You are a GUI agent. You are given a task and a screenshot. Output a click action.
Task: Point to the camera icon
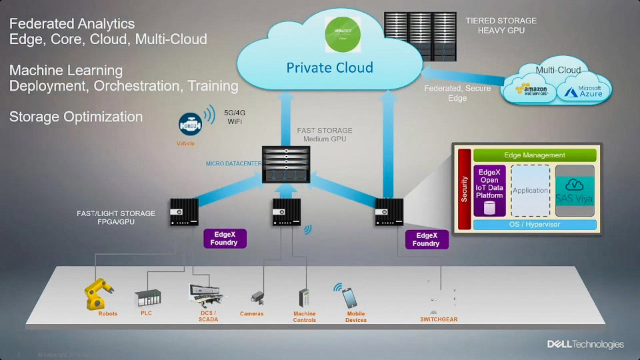click(x=257, y=297)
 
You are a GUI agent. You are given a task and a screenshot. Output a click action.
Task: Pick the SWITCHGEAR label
click(x=439, y=319)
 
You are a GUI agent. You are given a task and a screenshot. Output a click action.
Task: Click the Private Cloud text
click(x=329, y=67)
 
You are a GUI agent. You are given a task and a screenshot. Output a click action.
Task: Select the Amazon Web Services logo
click(x=531, y=90)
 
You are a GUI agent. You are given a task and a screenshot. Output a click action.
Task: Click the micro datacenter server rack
click(x=287, y=165)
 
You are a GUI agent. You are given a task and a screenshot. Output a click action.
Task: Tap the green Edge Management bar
click(x=535, y=155)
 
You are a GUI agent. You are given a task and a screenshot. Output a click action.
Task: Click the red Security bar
click(x=465, y=189)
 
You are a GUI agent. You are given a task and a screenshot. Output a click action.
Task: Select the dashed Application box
click(x=530, y=190)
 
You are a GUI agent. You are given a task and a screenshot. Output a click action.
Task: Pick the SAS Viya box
click(x=575, y=190)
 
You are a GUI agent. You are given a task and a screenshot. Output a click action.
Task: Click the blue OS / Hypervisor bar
click(x=535, y=225)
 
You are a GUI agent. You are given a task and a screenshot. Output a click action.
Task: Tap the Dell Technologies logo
click(x=585, y=344)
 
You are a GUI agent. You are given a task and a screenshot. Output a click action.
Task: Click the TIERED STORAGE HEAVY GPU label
click(x=501, y=26)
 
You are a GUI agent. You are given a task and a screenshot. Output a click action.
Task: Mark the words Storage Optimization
click(x=76, y=117)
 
